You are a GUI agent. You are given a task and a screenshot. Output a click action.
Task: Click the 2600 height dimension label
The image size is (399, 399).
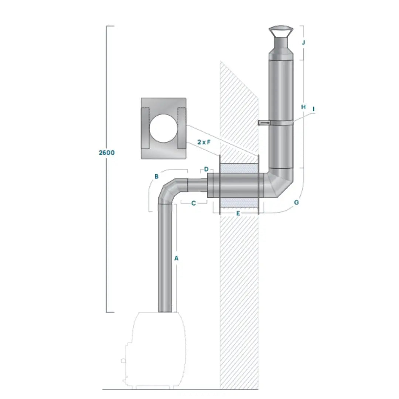click(x=107, y=153)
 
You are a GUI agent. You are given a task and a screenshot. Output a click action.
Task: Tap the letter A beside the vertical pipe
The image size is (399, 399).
click(x=176, y=258)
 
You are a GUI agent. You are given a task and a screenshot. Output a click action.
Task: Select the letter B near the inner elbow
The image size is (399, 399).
click(x=157, y=176)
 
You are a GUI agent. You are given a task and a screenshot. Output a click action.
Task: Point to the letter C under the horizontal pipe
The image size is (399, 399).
click(x=194, y=203)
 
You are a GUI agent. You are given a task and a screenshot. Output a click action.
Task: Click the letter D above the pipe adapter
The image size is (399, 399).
click(x=207, y=169)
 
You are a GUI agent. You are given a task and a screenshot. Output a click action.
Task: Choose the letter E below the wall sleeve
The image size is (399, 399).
click(x=238, y=213)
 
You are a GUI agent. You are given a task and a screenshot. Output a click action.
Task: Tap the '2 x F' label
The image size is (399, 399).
click(x=204, y=142)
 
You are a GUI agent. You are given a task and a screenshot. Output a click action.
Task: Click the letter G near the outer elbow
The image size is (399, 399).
click(x=296, y=202)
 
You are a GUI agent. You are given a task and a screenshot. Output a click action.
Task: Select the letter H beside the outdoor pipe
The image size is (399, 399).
click(x=303, y=107)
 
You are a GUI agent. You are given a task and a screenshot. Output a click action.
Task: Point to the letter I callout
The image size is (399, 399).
click(x=314, y=109)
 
